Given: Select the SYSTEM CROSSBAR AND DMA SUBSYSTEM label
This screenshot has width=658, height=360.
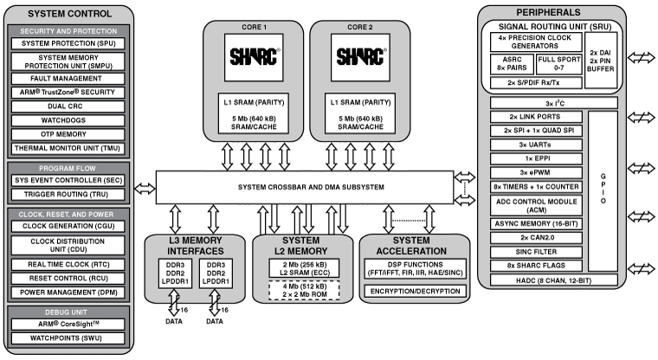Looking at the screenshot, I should click(304, 189).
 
